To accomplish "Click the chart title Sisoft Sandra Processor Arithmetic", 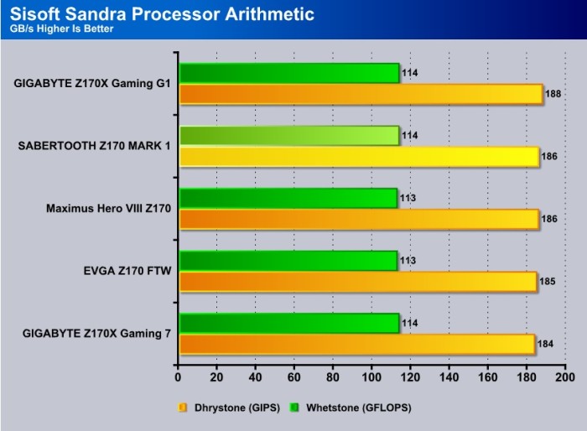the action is (x=162, y=14).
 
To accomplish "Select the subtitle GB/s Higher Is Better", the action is (x=61, y=29).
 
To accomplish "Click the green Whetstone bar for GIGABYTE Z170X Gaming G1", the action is (x=289, y=73).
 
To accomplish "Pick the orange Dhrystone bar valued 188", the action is (x=361, y=94).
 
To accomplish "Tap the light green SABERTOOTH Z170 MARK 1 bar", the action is (x=289, y=136).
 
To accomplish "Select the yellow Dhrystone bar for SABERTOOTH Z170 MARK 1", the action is (x=360, y=157).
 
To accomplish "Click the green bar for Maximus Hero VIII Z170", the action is (x=288, y=198).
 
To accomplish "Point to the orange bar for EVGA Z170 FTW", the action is (x=358, y=282).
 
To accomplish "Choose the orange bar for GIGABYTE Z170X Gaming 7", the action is (x=357, y=344).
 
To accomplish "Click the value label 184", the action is (x=545, y=344).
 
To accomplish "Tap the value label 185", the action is (x=548, y=281).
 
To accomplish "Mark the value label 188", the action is (x=553, y=94).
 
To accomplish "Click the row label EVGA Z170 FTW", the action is (x=127, y=271).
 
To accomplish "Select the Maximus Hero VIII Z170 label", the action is (x=108, y=208).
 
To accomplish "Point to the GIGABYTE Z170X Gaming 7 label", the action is (x=96, y=333).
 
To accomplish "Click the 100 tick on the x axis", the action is (x=371, y=377).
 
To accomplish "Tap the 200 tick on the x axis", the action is (x=565, y=377).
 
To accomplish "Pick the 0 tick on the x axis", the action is (x=178, y=377).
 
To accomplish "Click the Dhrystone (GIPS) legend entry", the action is (x=229, y=408).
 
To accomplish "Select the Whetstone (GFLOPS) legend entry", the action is (x=351, y=408).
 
